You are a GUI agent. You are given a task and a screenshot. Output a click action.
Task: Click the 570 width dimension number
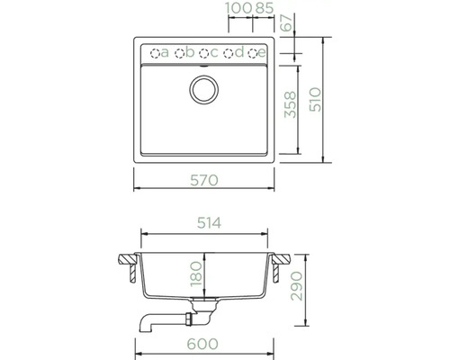(x=204, y=180)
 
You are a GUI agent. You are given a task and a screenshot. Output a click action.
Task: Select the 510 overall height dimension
(x=315, y=100)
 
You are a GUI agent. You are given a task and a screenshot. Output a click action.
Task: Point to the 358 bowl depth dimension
(x=290, y=104)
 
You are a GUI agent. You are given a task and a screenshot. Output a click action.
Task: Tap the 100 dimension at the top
(x=238, y=8)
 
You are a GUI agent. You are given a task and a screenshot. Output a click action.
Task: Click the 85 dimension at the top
(x=265, y=8)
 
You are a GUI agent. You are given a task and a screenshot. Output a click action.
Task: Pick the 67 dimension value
(x=287, y=22)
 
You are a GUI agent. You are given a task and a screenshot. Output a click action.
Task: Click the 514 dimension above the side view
(x=209, y=223)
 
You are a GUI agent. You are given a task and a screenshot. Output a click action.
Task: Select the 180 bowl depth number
(x=196, y=274)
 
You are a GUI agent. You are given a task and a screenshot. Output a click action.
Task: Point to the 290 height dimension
(x=297, y=286)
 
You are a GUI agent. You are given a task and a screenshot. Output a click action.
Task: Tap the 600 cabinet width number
(x=202, y=344)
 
